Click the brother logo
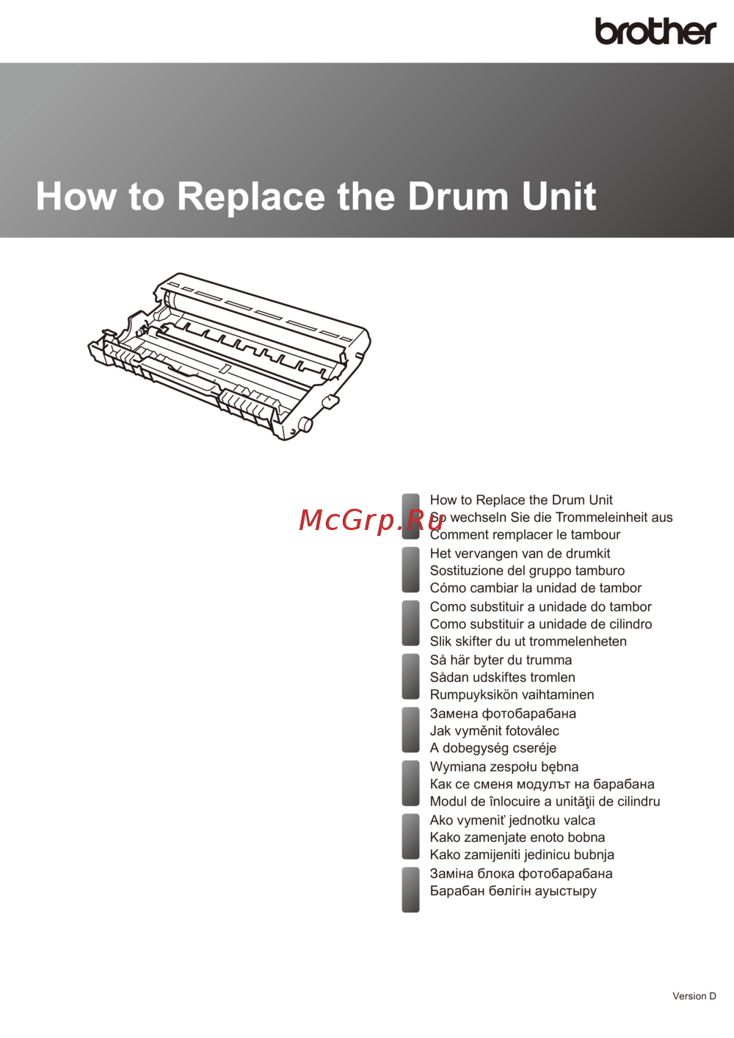coord(655,32)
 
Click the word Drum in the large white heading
coord(458,196)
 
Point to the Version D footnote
coord(694,996)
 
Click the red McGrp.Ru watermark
coord(371,520)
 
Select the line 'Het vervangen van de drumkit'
coord(520,554)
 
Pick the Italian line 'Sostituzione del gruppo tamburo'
coord(527,570)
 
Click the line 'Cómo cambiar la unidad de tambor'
coord(536,587)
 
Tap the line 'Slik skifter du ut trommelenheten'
coord(528,642)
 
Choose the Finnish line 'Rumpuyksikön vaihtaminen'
coord(512,694)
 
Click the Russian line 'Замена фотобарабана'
coord(504,714)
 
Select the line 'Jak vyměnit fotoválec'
coord(495,730)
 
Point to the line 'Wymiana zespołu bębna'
coord(504,767)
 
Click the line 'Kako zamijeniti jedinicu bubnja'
coord(522,854)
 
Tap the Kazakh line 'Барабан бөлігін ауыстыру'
coord(513,890)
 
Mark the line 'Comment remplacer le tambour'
coord(525,534)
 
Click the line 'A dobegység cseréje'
coord(493,748)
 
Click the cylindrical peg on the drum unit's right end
coord(305,424)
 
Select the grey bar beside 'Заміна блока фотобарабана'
coord(410,890)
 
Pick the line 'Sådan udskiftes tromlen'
coord(502,677)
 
